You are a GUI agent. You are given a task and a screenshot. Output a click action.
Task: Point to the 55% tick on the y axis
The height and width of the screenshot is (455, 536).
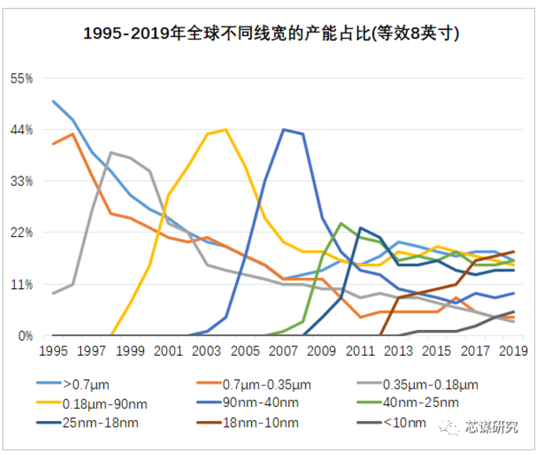[x=21, y=79]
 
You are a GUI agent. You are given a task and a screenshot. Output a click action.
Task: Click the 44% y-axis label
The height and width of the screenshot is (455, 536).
[x=21, y=130]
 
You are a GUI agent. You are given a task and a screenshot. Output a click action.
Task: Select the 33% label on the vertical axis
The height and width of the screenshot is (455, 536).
[x=21, y=181]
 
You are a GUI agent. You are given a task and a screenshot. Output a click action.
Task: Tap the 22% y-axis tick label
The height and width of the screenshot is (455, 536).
[x=21, y=233]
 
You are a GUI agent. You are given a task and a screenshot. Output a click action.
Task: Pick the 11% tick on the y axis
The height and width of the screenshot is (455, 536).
[x=21, y=284]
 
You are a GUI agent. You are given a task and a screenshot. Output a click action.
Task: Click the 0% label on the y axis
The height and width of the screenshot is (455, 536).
[x=24, y=335]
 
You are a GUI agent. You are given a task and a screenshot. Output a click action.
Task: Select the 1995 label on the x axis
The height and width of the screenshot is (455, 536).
[x=53, y=350]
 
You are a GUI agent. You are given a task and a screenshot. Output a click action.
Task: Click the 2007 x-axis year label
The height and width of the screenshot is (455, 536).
[x=283, y=350]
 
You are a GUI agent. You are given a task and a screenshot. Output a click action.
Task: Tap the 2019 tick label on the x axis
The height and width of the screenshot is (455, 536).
[x=513, y=350]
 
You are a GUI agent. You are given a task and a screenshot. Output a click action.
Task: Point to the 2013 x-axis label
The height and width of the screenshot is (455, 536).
[x=398, y=350]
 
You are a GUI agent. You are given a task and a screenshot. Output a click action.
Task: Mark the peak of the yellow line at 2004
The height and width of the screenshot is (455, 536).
[x=226, y=129]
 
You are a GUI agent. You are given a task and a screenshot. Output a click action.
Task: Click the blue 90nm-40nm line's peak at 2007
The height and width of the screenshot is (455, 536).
[x=283, y=129]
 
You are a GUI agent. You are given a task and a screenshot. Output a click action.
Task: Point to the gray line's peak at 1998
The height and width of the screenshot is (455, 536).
[x=111, y=153]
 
